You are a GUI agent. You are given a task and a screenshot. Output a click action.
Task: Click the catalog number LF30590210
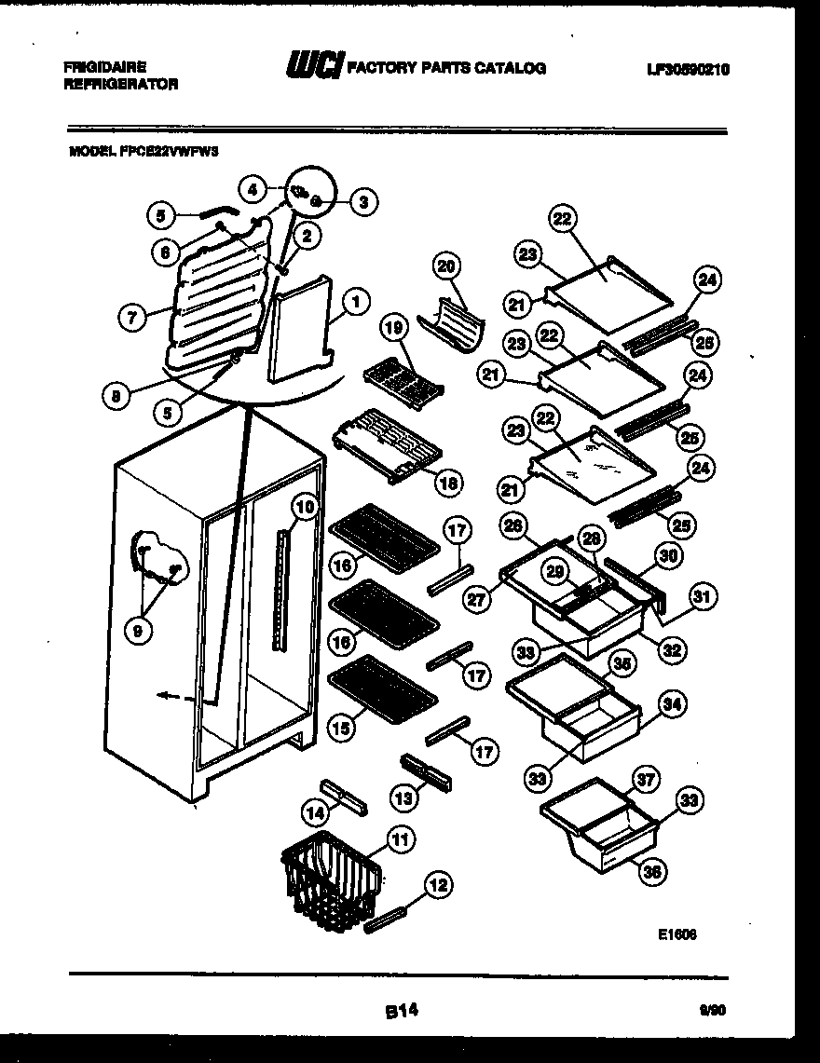[x=687, y=69]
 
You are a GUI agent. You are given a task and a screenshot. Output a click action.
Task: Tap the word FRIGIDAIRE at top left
[x=105, y=67]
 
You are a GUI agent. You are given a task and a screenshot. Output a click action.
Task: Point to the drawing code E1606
[x=677, y=934]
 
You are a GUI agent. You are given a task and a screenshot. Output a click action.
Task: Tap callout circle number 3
[x=363, y=199]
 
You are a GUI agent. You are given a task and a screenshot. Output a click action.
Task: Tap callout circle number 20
[x=448, y=266]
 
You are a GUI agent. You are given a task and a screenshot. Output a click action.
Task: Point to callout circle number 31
[x=704, y=596]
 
